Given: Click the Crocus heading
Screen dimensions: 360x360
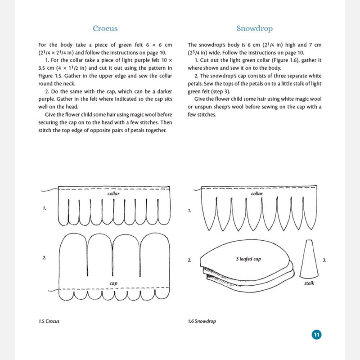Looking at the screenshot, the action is [x=105, y=28].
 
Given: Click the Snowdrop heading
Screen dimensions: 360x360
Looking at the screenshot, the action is [x=254, y=28].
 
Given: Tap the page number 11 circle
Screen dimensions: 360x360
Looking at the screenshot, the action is [x=317, y=334].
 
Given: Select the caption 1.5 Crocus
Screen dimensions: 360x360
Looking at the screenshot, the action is [x=49, y=321].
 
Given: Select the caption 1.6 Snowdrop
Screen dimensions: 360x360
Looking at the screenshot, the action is [x=202, y=321].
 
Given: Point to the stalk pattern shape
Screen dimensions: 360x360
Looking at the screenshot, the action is [x=309, y=259].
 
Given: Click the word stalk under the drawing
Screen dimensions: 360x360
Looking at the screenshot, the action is [x=309, y=283].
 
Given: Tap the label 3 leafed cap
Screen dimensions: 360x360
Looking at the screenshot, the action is [x=248, y=259].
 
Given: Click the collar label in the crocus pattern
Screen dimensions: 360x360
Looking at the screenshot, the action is [x=113, y=193].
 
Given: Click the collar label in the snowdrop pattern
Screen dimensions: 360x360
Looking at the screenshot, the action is [x=256, y=193].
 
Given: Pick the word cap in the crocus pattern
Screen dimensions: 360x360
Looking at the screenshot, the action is [x=113, y=283].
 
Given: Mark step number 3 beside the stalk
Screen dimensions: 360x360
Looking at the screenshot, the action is [x=324, y=260].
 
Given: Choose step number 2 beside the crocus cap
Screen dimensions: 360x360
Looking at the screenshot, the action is [x=44, y=257].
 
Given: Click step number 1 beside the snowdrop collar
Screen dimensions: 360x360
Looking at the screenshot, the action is [x=189, y=211].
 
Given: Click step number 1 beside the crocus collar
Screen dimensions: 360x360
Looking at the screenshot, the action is [x=44, y=208].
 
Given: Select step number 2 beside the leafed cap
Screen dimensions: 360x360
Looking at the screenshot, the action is [x=189, y=260].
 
